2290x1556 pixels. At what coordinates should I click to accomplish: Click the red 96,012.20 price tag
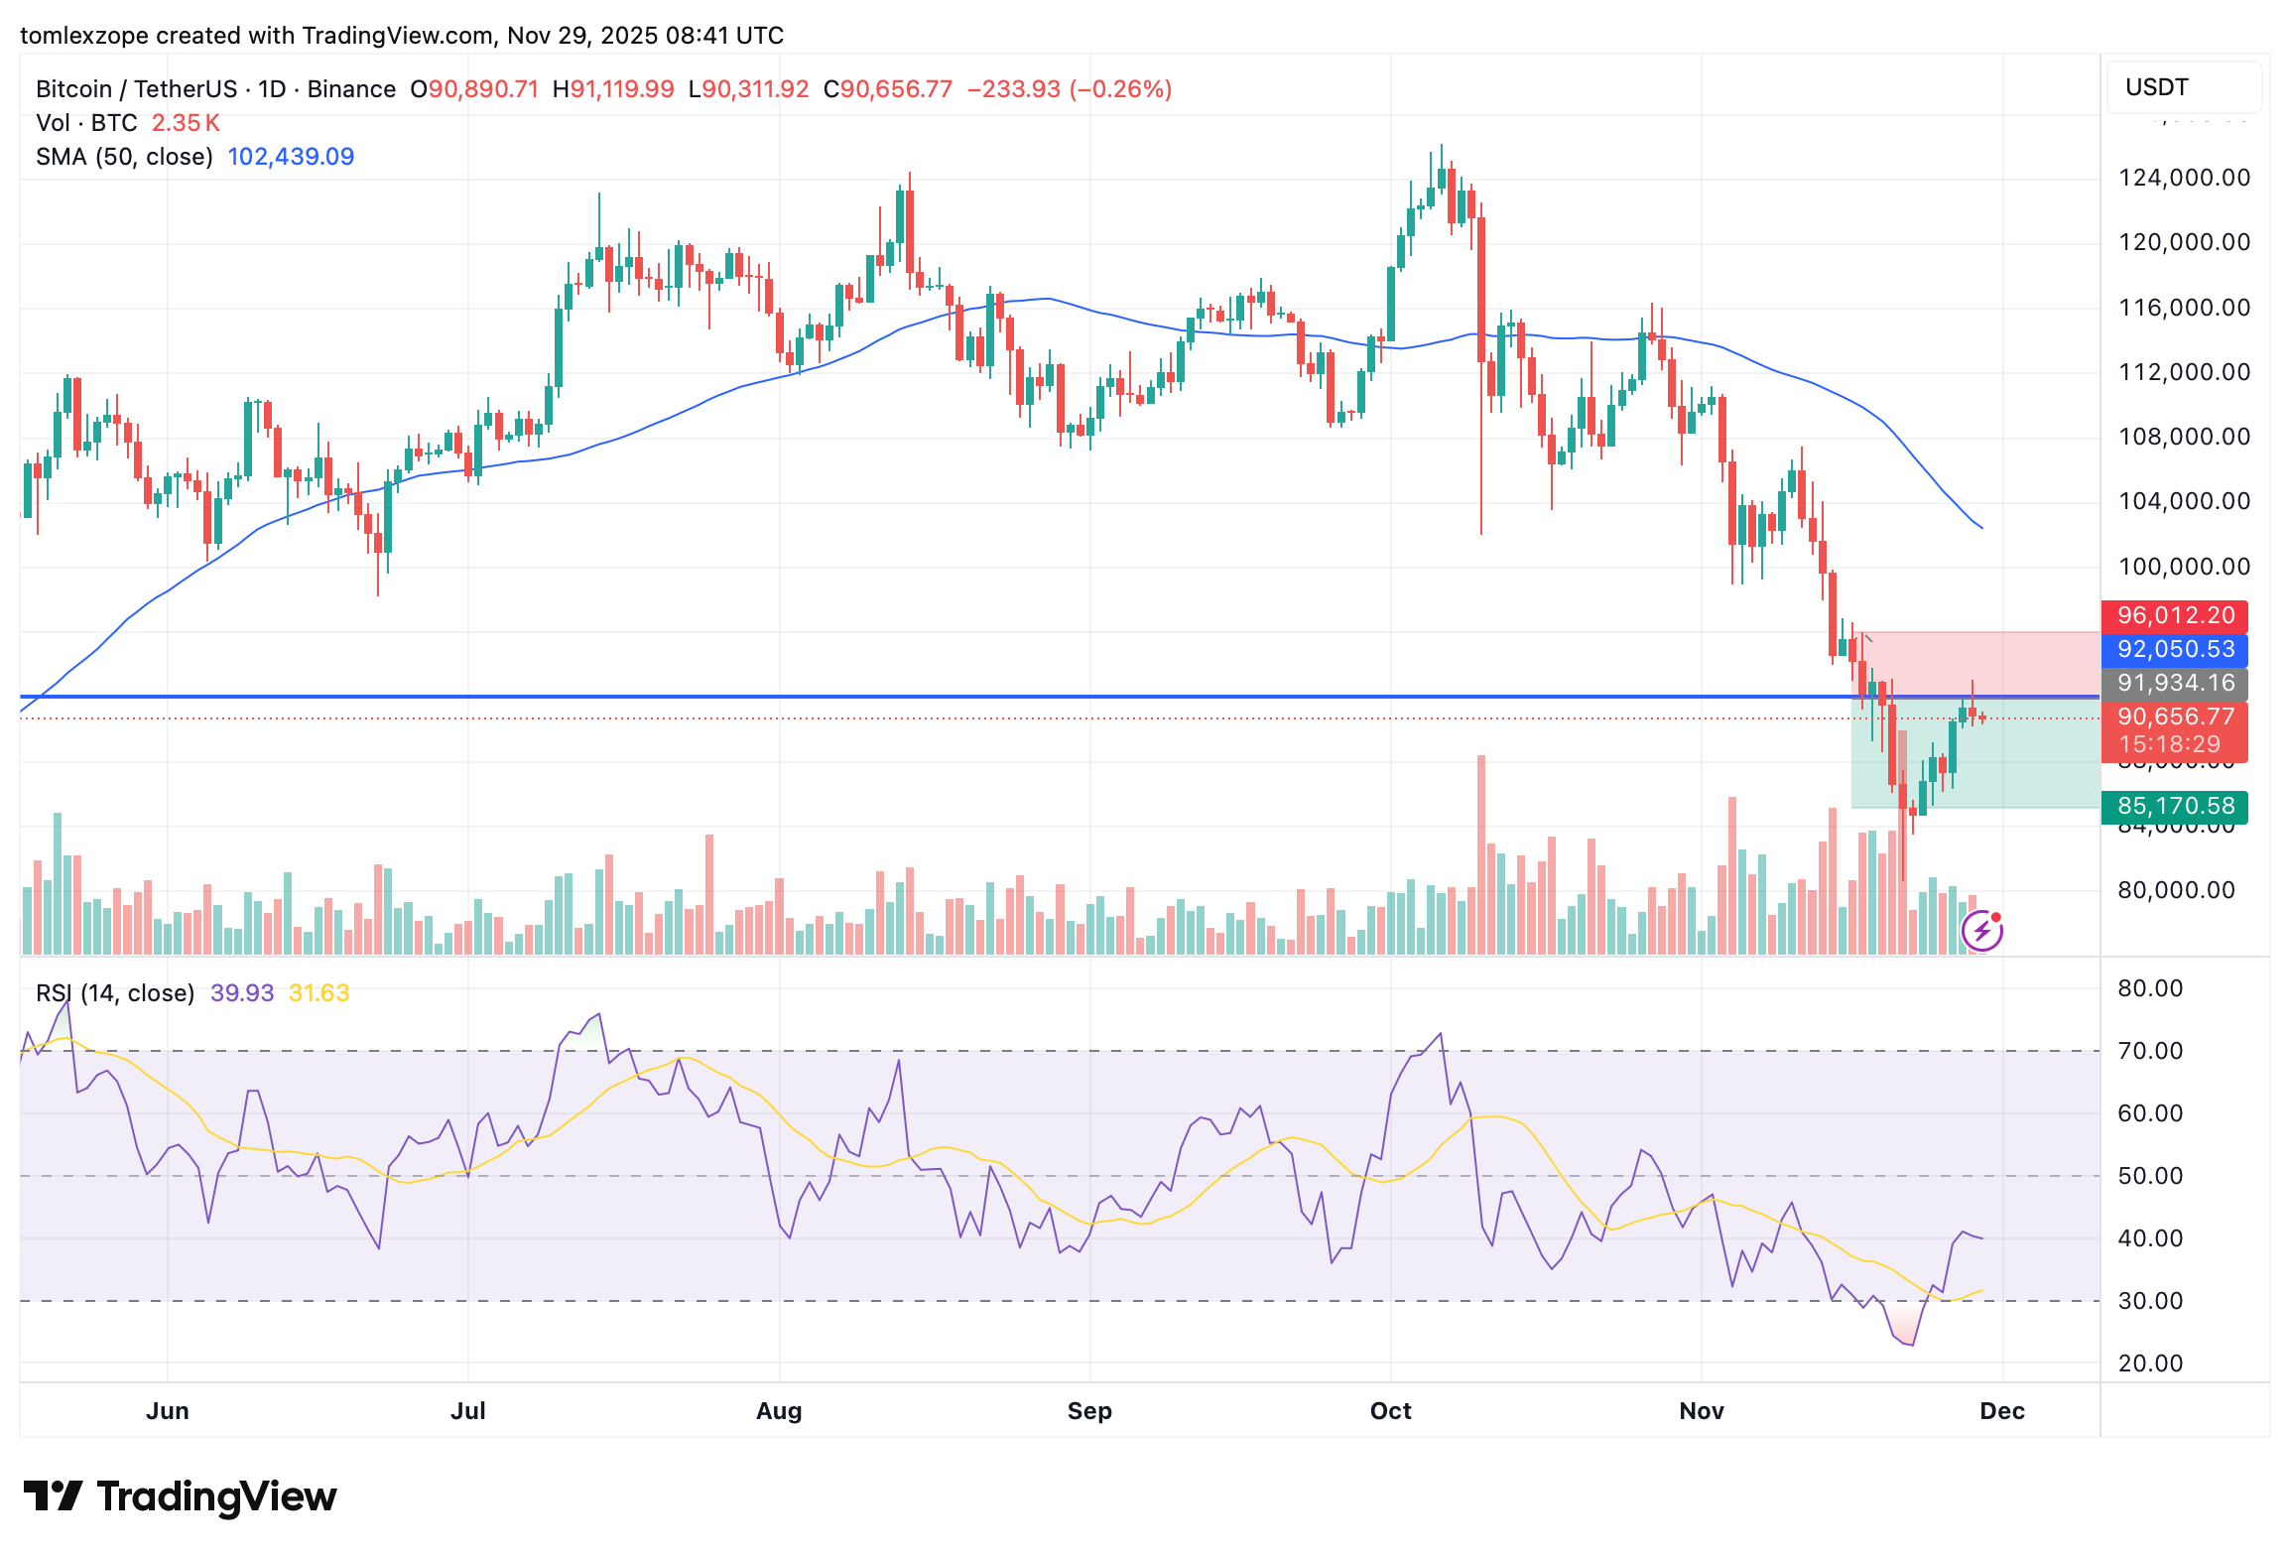[2175, 616]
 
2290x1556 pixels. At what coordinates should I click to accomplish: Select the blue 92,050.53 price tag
[2175, 650]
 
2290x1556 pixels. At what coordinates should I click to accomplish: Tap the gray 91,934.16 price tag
[2175, 684]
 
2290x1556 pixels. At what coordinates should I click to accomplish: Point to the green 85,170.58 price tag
[2175, 807]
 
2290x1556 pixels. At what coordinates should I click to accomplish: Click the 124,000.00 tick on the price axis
[2184, 179]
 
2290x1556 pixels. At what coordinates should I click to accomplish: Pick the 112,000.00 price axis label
[2184, 372]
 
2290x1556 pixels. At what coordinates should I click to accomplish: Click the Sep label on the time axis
[1089, 1411]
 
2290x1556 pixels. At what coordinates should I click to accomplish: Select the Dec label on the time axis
[2002, 1411]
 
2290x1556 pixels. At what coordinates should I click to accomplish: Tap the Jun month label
[168, 1411]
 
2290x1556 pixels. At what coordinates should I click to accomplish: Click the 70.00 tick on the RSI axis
[2150, 1051]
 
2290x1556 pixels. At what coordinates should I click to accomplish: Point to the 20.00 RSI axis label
[2150, 1363]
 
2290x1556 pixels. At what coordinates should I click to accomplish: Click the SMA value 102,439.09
[291, 157]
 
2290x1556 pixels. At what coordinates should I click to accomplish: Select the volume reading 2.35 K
[186, 123]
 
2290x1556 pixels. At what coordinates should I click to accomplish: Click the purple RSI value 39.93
[242, 993]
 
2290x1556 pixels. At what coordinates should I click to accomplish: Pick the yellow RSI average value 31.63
[318, 993]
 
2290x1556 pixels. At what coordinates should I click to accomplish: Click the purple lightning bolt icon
[1982, 931]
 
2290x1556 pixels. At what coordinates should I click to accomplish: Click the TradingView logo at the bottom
[180, 1496]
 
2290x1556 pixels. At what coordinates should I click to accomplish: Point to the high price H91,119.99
[613, 89]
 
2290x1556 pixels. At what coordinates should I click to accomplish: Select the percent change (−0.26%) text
[1120, 89]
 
